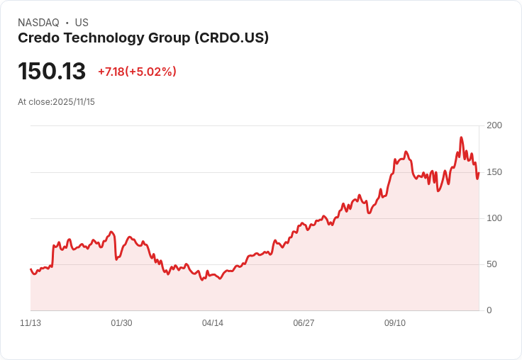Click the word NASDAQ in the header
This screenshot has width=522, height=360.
(x=38, y=23)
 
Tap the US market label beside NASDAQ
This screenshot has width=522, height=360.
(x=82, y=23)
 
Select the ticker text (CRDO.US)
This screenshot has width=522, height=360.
(x=231, y=38)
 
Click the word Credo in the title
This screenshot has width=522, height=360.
(x=37, y=38)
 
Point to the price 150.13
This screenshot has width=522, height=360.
(x=52, y=72)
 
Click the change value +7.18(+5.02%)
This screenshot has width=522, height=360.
(x=137, y=72)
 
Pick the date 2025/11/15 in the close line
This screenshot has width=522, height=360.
(x=74, y=102)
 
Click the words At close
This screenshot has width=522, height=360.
(x=35, y=102)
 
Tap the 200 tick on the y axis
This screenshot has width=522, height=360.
(x=494, y=125)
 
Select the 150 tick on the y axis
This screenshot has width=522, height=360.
(x=494, y=172)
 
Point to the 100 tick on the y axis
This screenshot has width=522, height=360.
(x=494, y=218)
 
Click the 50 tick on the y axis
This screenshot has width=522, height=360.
(x=494, y=264)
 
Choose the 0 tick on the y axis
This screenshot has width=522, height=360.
(x=489, y=310)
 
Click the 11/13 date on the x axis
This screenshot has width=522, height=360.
(x=30, y=323)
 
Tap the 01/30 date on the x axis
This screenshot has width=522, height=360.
(x=121, y=323)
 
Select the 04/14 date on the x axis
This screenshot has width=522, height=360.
(x=213, y=323)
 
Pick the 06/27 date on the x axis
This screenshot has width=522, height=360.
(x=304, y=323)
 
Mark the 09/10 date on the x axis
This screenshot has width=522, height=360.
(x=395, y=323)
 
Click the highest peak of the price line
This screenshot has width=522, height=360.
(x=461, y=137)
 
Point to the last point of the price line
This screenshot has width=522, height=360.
(x=479, y=173)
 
